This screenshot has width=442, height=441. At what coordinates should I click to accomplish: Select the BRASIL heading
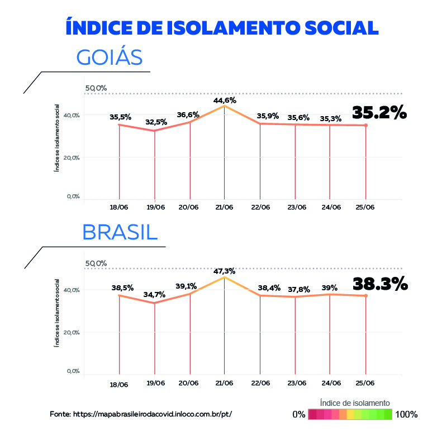[120, 232]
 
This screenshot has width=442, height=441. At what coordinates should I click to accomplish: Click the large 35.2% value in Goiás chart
[379, 113]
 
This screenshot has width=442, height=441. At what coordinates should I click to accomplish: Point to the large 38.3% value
[380, 285]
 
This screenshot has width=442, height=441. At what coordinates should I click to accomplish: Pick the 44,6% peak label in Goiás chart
[225, 100]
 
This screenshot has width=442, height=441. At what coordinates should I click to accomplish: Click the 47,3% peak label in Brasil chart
[224, 271]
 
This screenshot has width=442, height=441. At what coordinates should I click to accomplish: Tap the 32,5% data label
[155, 122]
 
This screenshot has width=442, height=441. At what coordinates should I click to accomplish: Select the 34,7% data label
[155, 294]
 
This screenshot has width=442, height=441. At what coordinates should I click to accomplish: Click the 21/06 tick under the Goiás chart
[225, 207]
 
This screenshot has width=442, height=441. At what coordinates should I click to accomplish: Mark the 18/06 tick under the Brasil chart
[120, 385]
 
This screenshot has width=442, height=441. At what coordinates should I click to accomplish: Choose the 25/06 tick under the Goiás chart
[365, 207]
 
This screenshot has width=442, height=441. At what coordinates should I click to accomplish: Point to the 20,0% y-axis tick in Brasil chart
[72, 333]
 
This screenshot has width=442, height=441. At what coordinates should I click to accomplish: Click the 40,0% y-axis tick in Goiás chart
[72, 115]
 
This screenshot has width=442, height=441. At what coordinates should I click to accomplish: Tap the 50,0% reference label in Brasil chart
[96, 263]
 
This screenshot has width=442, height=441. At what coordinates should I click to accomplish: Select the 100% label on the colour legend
[406, 414]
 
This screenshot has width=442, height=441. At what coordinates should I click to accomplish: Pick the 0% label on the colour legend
[299, 414]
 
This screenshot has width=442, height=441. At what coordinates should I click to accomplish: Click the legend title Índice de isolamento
[355, 402]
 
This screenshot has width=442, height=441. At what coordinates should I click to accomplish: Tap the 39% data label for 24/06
[330, 287]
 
